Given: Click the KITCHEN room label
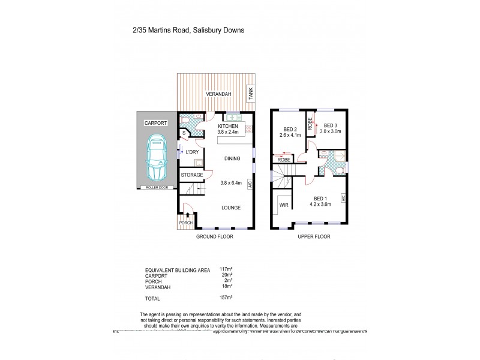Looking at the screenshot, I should pos(229,126).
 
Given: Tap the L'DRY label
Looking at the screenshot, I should pos(192,152).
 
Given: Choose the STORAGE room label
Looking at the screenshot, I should pos(191,175).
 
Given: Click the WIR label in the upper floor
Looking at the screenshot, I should pos(283,205).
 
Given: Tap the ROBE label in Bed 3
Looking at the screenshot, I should pos(310,124).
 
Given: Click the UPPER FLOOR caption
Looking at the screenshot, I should pos(314,236).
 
